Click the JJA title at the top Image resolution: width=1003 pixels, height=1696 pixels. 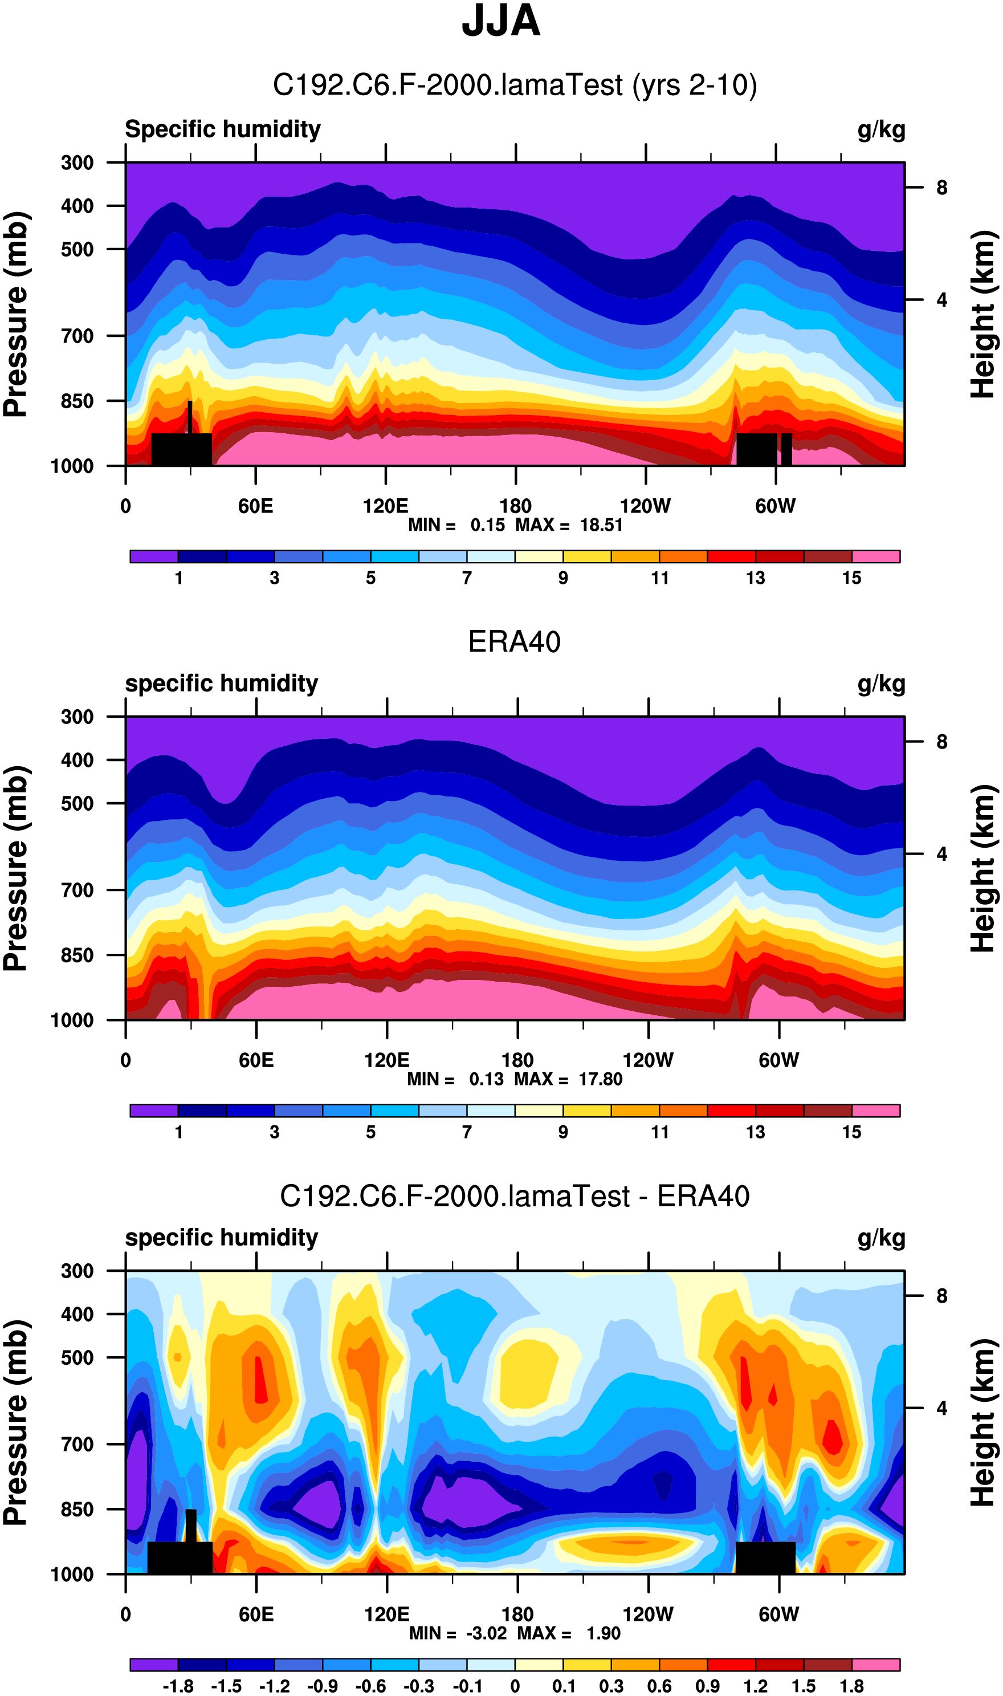501,22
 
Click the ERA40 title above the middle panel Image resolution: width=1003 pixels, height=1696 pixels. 515,641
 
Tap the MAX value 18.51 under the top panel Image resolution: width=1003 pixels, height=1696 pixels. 601,525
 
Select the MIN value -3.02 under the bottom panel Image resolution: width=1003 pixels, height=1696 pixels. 486,1633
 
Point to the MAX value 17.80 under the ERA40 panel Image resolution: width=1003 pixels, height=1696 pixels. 600,1079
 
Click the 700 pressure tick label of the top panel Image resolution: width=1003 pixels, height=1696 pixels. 77,336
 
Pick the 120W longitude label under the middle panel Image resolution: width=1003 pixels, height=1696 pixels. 647,1060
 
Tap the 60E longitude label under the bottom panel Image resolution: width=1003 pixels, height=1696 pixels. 256,1614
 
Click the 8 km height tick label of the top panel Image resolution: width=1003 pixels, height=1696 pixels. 941,188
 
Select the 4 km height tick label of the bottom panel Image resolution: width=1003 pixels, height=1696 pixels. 941,1408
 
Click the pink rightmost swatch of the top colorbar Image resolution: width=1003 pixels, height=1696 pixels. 875,556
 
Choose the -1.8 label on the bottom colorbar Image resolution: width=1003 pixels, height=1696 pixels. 178,1686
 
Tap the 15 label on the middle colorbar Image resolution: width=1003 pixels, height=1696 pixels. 851,1132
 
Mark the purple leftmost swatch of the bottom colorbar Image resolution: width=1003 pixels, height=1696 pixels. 154,1664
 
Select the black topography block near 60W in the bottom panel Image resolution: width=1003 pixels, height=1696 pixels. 765,1557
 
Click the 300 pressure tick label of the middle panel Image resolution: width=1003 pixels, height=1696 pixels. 77,717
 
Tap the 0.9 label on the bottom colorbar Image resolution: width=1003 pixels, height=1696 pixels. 707,1686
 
